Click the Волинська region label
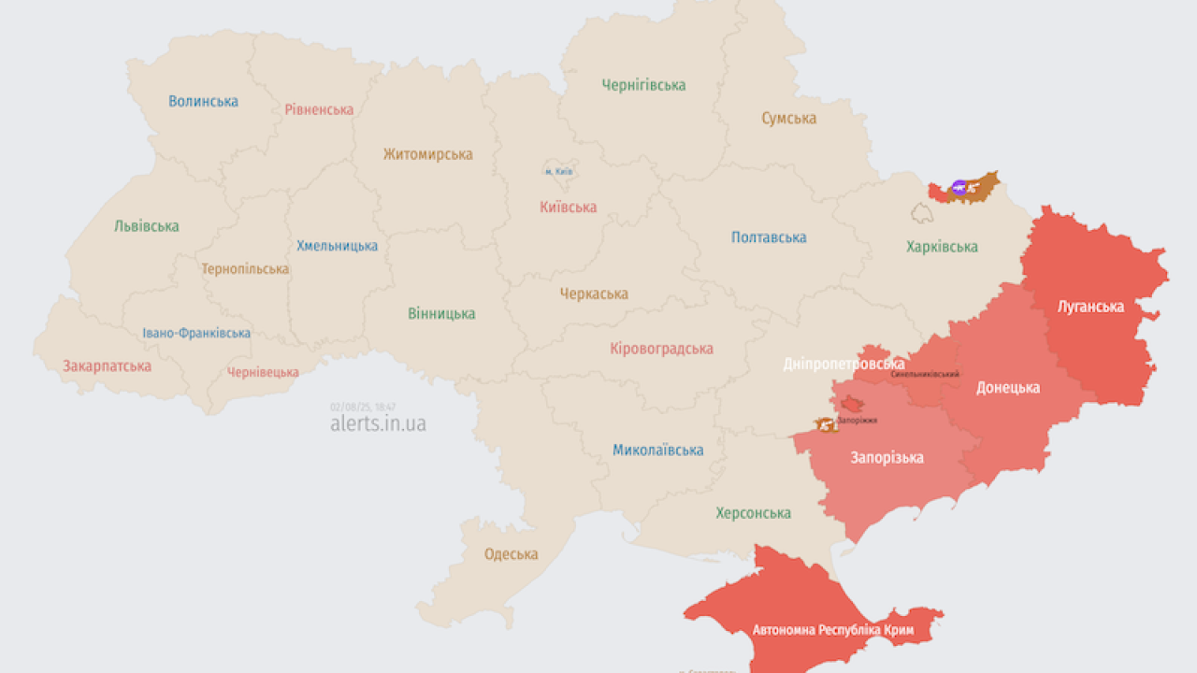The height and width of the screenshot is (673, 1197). [x=203, y=101]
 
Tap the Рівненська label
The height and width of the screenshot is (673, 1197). [x=319, y=109]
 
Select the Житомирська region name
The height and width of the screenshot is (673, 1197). [x=427, y=154]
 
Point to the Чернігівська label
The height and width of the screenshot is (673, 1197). [x=643, y=85]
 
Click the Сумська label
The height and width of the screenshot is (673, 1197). [x=788, y=119]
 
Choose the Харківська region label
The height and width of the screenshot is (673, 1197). [x=942, y=247]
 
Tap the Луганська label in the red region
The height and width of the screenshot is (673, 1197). [x=1089, y=306]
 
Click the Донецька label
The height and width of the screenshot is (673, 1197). [x=1008, y=387]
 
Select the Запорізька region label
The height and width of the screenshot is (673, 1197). [x=887, y=457]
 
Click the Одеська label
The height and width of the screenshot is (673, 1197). [x=511, y=554]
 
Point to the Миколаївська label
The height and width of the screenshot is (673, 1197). [x=658, y=451]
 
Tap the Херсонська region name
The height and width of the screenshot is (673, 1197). [x=753, y=513]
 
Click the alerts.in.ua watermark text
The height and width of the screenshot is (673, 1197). [x=378, y=423]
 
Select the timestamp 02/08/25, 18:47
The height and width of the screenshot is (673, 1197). [x=363, y=407]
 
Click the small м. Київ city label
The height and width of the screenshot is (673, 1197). [x=558, y=172]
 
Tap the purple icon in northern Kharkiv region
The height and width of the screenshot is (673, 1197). [x=959, y=188]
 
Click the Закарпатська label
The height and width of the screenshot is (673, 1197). [x=107, y=366]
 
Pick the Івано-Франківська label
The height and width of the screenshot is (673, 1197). [x=196, y=334]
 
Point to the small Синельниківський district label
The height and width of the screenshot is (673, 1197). [x=925, y=374]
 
